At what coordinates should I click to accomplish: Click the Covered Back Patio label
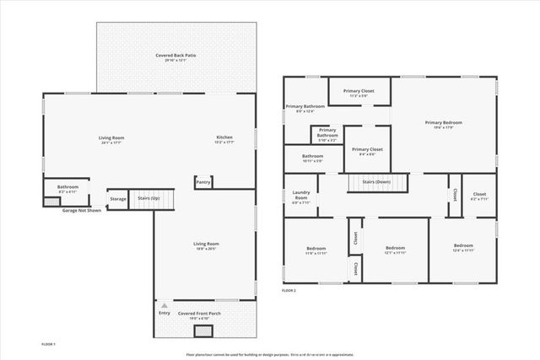click(x=175, y=56)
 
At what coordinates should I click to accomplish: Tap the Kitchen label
click(x=224, y=137)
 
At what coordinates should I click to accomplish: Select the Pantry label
click(x=202, y=181)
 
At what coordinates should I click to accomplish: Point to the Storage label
click(x=118, y=199)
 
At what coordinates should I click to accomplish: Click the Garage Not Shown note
click(x=82, y=210)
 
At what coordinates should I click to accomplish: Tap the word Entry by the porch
click(x=164, y=313)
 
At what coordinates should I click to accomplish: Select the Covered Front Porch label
click(x=199, y=313)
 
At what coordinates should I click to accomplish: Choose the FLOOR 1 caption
click(x=49, y=344)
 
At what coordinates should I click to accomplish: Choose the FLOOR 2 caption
click(x=289, y=290)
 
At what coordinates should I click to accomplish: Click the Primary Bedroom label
click(x=443, y=122)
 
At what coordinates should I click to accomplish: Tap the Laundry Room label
click(x=300, y=196)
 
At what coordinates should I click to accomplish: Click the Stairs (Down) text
click(x=375, y=181)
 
